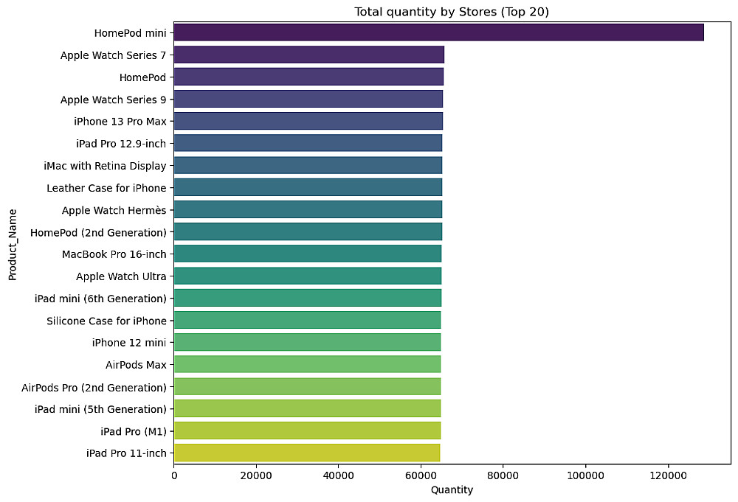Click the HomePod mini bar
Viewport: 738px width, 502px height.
click(x=438, y=32)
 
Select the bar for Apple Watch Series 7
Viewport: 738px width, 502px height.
click(x=308, y=55)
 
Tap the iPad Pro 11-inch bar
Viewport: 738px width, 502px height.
click(x=307, y=453)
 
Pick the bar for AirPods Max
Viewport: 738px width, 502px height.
click(x=307, y=364)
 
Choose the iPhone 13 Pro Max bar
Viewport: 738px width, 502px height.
click(x=308, y=121)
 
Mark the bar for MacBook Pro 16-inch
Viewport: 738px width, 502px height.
click(x=308, y=254)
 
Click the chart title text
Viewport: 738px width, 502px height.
click(x=452, y=12)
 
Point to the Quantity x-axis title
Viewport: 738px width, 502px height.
click(x=452, y=489)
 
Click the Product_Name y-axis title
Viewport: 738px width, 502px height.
click(x=13, y=245)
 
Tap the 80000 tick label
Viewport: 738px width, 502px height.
click(x=503, y=475)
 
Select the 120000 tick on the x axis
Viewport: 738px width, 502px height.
click(x=668, y=475)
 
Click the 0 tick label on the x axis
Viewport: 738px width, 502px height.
click(x=174, y=475)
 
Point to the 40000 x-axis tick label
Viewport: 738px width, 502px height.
click(x=339, y=475)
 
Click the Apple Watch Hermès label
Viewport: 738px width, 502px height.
click(x=114, y=210)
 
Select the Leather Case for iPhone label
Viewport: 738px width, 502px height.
click(x=106, y=188)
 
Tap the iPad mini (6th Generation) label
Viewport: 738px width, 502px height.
click(x=100, y=299)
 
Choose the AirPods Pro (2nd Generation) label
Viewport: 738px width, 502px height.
click(x=94, y=387)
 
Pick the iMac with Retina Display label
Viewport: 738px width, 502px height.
click(x=105, y=166)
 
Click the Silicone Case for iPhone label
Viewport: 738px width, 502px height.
click(x=106, y=321)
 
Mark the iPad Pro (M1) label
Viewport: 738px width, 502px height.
click(x=134, y=431)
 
